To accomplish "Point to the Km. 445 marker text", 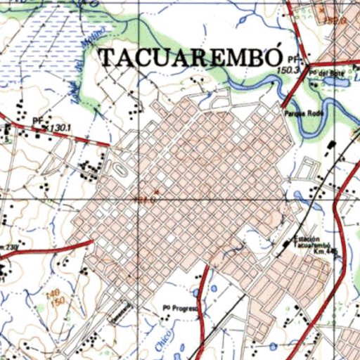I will [x=326, y=251].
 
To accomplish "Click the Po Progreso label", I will [x=181, y=307].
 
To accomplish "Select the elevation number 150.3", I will [x=288, y=70].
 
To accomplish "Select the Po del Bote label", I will [x=331, y=72].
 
